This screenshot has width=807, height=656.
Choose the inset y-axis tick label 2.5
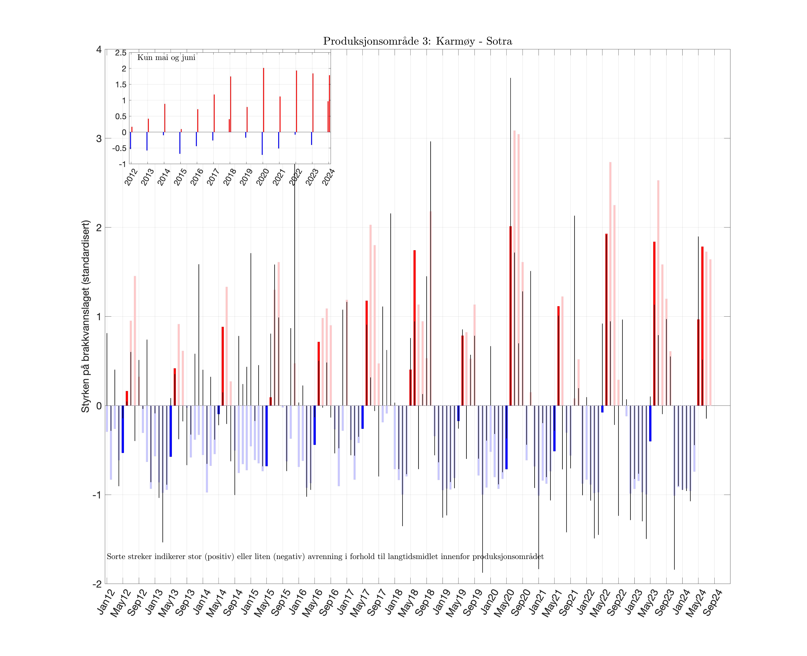coord(121,53)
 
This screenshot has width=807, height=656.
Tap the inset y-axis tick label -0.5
coord(119,148)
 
